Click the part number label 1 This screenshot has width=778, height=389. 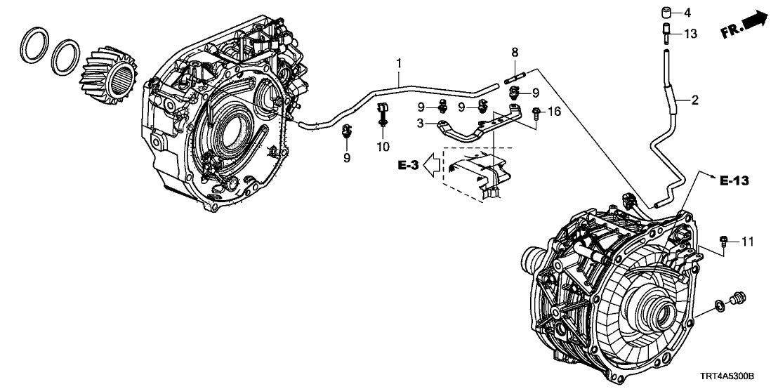[399, 64]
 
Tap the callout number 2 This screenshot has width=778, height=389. [694, 100]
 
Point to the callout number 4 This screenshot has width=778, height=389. [687, 12]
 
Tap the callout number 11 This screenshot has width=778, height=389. [748, 242]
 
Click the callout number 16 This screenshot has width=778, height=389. [555, 111]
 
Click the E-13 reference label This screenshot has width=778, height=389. [734, 180]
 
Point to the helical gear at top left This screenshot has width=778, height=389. [106, 72]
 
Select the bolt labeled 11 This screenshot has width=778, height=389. [724, 242]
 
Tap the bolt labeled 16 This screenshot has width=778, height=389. [536, 111]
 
